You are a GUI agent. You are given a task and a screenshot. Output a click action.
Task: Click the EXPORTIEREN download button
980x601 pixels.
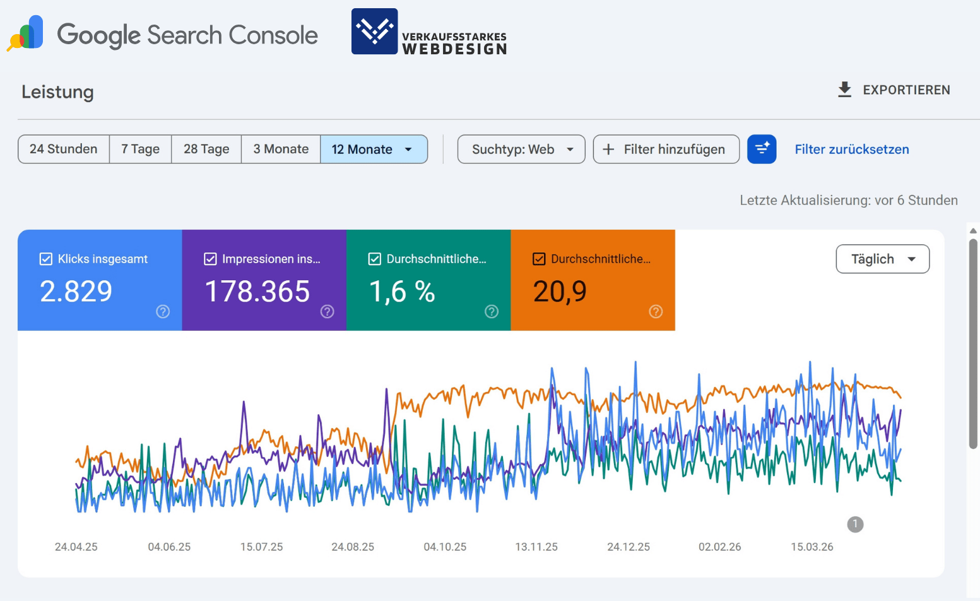(x=894, y=90)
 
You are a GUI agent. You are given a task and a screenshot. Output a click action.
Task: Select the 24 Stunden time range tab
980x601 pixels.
(x=64, y=149)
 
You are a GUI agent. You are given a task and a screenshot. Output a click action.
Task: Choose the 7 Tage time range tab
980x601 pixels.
(x=140, y=149)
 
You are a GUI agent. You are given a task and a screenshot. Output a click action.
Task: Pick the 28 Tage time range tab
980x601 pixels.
(x=206, y=149)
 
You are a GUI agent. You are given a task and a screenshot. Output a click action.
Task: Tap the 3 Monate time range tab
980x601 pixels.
(x=281, y=149)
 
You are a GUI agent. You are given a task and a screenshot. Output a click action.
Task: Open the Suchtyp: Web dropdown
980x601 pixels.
(x=521, y=149)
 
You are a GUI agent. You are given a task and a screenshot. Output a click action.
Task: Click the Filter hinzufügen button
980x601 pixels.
(x=666, y=149)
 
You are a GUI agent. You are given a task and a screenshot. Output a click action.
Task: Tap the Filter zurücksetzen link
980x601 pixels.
(x=851, y=149)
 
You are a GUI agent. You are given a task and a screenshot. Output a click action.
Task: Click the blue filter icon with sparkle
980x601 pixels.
(x=762, y=149)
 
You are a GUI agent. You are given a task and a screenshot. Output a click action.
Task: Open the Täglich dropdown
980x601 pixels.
(x=882, y=259)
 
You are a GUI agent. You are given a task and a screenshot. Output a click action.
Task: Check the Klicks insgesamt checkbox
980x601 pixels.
(x=46, y=259)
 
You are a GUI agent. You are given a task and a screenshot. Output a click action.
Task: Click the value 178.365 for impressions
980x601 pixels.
(x=257, y=292)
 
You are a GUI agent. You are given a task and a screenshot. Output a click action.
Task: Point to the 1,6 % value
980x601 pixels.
(x=402, y=292)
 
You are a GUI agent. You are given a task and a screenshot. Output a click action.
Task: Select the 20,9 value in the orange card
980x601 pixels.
(x=560, y=292)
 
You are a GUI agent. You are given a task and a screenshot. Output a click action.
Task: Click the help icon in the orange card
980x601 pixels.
(x=656, y=311)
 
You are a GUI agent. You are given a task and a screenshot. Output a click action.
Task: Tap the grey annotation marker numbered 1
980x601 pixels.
(x=855, y=524)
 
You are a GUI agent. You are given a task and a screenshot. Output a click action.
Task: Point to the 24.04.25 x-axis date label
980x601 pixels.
(x=76, y=547)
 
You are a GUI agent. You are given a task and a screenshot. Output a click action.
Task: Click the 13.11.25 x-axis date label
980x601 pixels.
(x=536, y=547)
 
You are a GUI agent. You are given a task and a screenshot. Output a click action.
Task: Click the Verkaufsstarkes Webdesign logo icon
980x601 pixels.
(x=375, y=32)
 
